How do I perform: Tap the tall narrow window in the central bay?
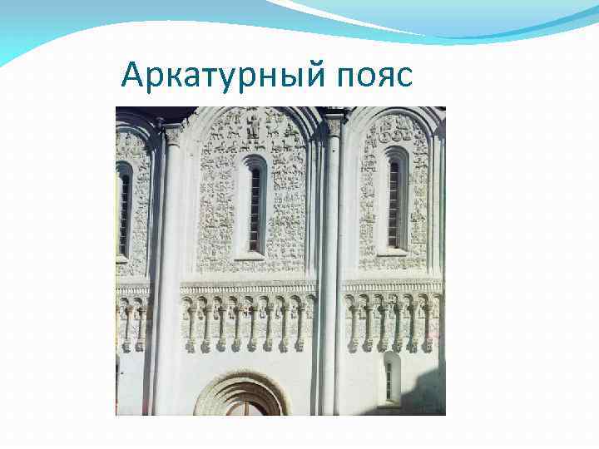pyautogui.click(x=254, y=205)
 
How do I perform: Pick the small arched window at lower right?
pyautogui.click(x=390, y=378)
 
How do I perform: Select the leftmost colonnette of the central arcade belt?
pyautogui.click(x=190, y=324)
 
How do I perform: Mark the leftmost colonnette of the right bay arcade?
pyautogui.click(x=352, y=324)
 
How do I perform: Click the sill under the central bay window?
pyautogui.click(x=252, y=257)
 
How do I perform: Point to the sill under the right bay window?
pyautogui.click(x=394, y=251)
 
